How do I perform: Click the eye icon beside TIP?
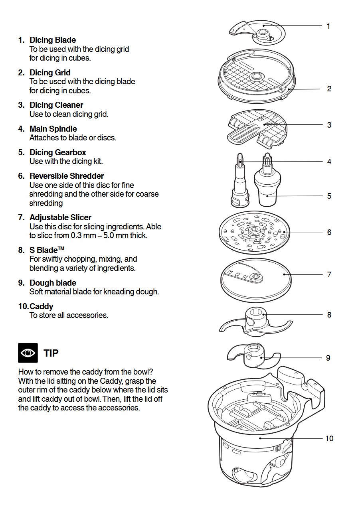click(x=28, y=353)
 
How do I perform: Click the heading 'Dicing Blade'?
click(x=52, y=40)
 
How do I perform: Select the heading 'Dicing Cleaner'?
click(x=56, y=105)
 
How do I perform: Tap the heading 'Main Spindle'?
click(x=53, y=129)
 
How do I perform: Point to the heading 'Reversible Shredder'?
click(x=66, y=176)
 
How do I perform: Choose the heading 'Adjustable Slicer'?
click(x=60, y=217)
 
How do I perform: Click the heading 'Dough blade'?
click(x=53, y=283)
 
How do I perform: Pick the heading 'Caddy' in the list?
click(x=41, y=306)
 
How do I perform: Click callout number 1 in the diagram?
click(x=328, y=26)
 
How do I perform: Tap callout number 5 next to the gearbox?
click(x=329, y=196)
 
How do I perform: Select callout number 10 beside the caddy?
click(x=329, y=438)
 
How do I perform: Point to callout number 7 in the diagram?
click(x=329, y=274)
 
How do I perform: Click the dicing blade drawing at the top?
click(x=257, y=32)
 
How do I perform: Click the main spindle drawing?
click(x=239, y=181)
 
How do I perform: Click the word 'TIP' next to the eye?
click(x=51, y=353)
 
